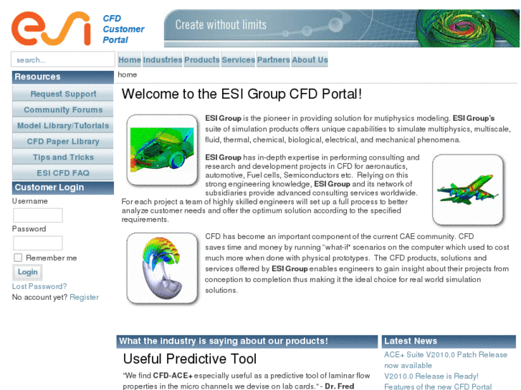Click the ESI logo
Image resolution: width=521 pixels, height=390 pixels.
coord(51,28)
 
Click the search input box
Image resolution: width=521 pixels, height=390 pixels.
coord(63,60)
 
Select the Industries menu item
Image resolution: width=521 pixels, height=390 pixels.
coord(163,60)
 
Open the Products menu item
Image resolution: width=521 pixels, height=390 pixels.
coord(202,60)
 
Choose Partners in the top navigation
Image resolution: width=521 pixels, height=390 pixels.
coord(273,60)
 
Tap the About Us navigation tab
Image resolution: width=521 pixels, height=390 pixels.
coord(310,60)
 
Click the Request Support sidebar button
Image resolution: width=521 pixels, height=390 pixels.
coord(63,94)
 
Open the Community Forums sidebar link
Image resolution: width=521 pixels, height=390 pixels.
coord(63,110)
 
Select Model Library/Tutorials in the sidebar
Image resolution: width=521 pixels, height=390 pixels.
coord(63,126)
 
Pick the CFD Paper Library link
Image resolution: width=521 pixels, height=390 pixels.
coord(63,142)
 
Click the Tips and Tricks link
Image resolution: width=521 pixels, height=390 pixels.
coord(63,157)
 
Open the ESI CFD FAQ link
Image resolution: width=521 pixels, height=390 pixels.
coord(63,173)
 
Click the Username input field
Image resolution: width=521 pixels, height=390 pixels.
coord(38,215)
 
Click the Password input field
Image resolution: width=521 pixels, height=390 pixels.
coord(38,243)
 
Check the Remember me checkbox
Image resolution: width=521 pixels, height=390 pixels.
coord(18,258)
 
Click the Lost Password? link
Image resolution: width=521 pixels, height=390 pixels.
coord(39,286)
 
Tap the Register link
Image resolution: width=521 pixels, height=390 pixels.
coord(84,297)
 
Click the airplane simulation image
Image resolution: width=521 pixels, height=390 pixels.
coord(467,190)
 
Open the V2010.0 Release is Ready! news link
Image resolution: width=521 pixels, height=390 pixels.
coord(431,376)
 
